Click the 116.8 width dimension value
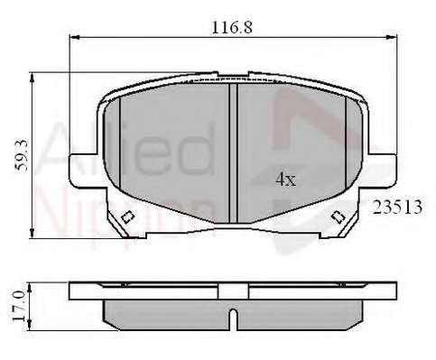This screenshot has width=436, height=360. pyautogui.click(x=231, y=26)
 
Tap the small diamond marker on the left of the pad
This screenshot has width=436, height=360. pyautogui.click(x=127, y=216)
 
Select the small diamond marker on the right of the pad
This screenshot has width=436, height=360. pyautogui.click(x=339, y=216)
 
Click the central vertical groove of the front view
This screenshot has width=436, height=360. pyautogui.click(x=232, y=153)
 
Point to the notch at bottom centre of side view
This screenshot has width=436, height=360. pyautogui.click(x=232, y=318)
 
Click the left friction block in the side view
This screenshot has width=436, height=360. pyautogui.click(x=167, y=312)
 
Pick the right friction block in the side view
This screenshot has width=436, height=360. pyautogui.click(x=298, y=312)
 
